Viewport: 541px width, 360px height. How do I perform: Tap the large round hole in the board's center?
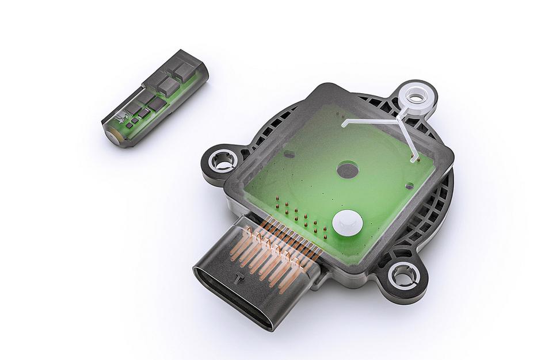(347, 170)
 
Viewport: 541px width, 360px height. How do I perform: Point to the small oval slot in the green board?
(290, 154)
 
